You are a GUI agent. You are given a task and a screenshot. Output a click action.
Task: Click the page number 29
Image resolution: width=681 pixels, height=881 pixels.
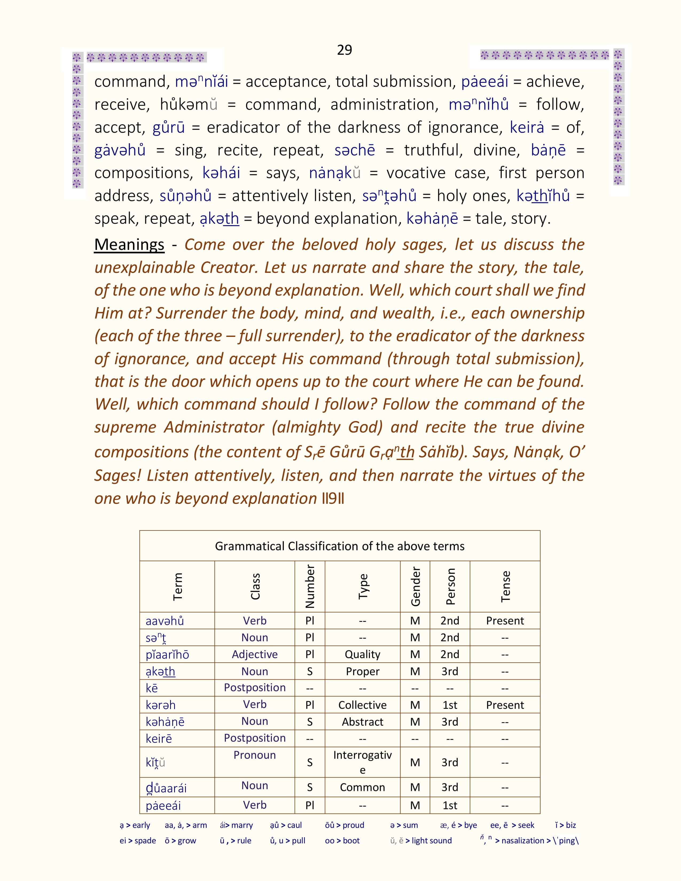[x=344, y=50]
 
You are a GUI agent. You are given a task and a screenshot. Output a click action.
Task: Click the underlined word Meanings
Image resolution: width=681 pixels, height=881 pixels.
[x=129, y=245]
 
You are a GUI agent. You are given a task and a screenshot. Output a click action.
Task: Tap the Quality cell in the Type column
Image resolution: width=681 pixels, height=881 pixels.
[x=362, y=654]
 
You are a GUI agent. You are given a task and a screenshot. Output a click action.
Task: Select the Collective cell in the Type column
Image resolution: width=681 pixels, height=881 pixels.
[x=362, y=705]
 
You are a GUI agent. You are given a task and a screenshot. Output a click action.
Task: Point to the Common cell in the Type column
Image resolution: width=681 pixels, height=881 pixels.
[x=362, y=787]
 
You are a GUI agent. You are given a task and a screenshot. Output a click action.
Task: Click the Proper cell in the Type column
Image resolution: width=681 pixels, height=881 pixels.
[x=362, y=671]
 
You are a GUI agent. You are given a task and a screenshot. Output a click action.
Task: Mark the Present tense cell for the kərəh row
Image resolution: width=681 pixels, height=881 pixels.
[x=505, y=705]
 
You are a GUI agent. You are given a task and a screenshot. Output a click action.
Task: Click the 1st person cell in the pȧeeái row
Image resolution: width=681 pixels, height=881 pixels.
[x=450, y=805]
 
